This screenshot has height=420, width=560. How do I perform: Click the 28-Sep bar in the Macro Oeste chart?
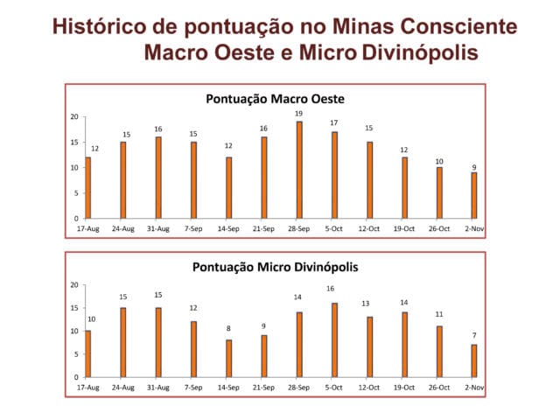tap(299, 170)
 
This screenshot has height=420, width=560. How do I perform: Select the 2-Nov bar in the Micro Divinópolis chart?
tap(474, 360)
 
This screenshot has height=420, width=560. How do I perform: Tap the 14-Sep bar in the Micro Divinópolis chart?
tap(229, 359)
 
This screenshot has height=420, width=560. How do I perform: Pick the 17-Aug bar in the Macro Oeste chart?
tap(87, 188)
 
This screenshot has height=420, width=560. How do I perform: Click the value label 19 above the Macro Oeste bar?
tap(298, 114)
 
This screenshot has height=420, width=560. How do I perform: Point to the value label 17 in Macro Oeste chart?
tap(334, 122)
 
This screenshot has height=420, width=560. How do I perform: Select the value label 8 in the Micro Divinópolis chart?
tap(228, 328)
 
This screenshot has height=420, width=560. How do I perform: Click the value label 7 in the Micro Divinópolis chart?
tap(474, 335)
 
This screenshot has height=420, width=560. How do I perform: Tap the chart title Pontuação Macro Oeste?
tap(275, 99)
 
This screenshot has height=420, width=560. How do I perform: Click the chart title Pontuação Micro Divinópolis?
tap(275, 267)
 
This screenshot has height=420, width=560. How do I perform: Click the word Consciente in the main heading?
tap(458, 26)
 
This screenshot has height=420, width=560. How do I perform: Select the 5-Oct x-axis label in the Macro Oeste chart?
tap(333, 228)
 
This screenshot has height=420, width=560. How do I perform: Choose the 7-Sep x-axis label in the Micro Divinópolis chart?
tap(193, 387)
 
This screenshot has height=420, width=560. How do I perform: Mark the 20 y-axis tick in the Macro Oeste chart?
tap(74, 116)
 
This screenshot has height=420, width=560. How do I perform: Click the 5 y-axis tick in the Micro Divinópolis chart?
tap(76, 354)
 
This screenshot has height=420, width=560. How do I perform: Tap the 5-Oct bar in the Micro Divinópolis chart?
tap(334, 340)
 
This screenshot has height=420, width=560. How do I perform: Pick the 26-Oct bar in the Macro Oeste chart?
tap(439, 192)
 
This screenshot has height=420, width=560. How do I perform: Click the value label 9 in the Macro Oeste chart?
tap(474, 167)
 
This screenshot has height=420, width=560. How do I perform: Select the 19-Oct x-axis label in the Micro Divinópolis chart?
tap(404, 387)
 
